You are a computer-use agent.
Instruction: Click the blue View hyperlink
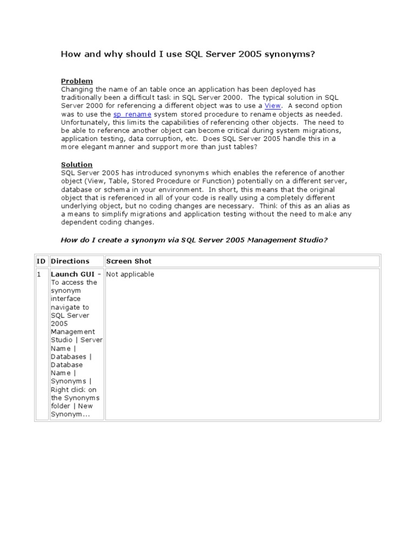pyautogui.click(x=272, y=106)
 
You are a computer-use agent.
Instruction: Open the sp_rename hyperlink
pyautogui.click(x=132, y=114)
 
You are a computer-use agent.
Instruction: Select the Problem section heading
pyautogui.click(x=76, y=81)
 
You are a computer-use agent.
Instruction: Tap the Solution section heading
pyautogui.click(x=76, y=164)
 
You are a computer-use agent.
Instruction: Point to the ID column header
pyautogui.click(x=41, y=261)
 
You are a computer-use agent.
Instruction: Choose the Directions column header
pyautogui.click(x=70, y=261)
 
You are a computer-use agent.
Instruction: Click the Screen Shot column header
pyautogui.click(x=129, y=261)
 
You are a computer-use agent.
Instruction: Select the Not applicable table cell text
pyautogui.click(x=130, y=274)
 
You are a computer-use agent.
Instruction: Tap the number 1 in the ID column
pyautogui.click(x=39, y=274)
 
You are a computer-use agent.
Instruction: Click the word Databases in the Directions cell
pyautogui.click(x=69, y=357)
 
